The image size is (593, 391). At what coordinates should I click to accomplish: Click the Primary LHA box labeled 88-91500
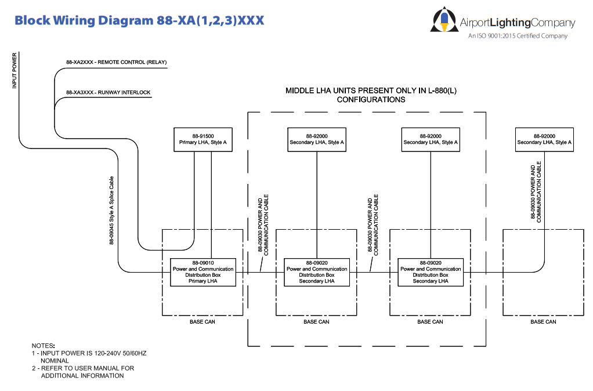coord(203,139)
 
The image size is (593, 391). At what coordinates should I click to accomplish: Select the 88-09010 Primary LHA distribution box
coord(203,272)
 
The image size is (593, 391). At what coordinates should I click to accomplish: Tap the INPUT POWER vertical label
coord(15,71)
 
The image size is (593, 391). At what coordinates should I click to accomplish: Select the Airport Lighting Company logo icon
coord(443,20)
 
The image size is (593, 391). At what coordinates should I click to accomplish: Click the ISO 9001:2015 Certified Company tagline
coord(518,36)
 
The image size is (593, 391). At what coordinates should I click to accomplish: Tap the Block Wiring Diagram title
coord(139,20)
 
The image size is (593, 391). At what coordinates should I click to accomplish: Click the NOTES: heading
coord(44,346)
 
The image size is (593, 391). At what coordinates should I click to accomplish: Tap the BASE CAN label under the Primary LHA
coord(203,322)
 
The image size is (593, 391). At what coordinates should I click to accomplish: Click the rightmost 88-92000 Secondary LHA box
coord(544,139)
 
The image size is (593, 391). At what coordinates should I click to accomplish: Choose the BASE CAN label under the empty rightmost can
coord(544,322)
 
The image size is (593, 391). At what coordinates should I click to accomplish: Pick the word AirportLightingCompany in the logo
coord(518,23)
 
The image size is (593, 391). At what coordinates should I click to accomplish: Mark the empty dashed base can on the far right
coord(544,290)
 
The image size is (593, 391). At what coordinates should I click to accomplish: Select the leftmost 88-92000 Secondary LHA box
coord(317,139)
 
